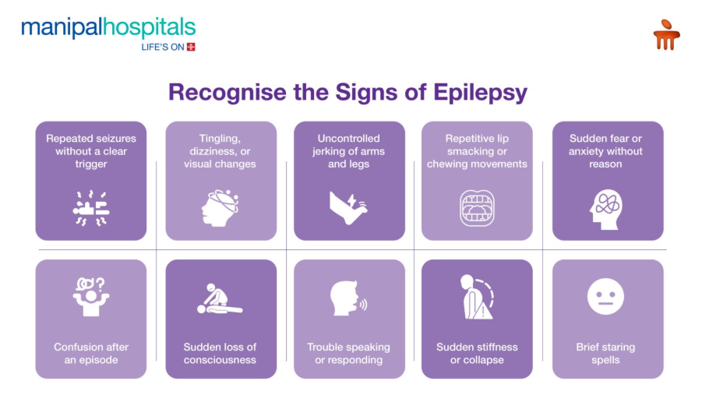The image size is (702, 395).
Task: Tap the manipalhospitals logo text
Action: pyautogui.click(x=108, y=27)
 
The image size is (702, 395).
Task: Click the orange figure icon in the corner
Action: pyautogui.click(x=667, y=34)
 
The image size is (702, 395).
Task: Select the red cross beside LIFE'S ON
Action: pyautogui.click(x=191, y=47)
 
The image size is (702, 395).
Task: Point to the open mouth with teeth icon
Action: pyautogui.click(x=477, y=208)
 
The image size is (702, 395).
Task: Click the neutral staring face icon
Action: pyautogui.click(x=605, y=297)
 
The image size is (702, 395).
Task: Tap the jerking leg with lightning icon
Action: pyautogui.click(x=348, y=208)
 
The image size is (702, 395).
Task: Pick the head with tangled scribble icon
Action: pyautogui.click(x=605, y=210)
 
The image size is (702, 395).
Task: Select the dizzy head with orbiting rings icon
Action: pyautogui.click(x=220, y=208)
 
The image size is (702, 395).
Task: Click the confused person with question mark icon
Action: pyautogui.click(x=91, y=297)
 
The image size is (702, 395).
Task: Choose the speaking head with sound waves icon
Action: pyautogui.click(x=348, y=298)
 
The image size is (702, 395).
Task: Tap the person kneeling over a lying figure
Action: pyautogui.click(x=220, y=298)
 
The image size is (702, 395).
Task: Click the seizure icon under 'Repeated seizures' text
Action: pyautogui.click(x=91, y=208)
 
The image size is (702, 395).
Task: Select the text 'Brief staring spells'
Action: pyautogui.click(x=605, y=354)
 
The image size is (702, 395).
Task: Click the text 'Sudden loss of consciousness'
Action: pyautogui.click(x=220, y=354)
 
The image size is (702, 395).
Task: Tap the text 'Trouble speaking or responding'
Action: pyautogui.click(x=348, y=354)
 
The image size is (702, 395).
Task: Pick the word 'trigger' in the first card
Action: pyautogui.click(x=91, y=164)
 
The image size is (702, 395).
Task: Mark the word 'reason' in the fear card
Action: pyautogui.click(x=605, y=164)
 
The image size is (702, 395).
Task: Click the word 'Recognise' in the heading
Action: pyautogui.click(x=228, y=93)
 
